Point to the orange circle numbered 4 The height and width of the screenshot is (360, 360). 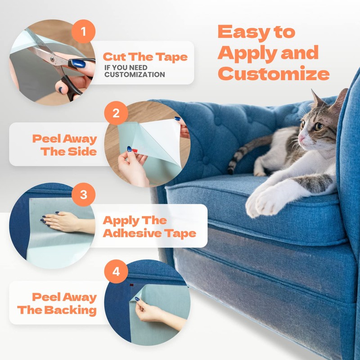click(116, 272)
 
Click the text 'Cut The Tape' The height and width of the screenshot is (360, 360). click(145, 57)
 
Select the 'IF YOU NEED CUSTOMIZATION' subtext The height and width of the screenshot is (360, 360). click(135, 71)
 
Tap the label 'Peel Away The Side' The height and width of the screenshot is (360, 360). click(64, 144)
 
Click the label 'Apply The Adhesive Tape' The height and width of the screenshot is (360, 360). click(149, 227)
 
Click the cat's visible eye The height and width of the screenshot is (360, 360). click(319, 126)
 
